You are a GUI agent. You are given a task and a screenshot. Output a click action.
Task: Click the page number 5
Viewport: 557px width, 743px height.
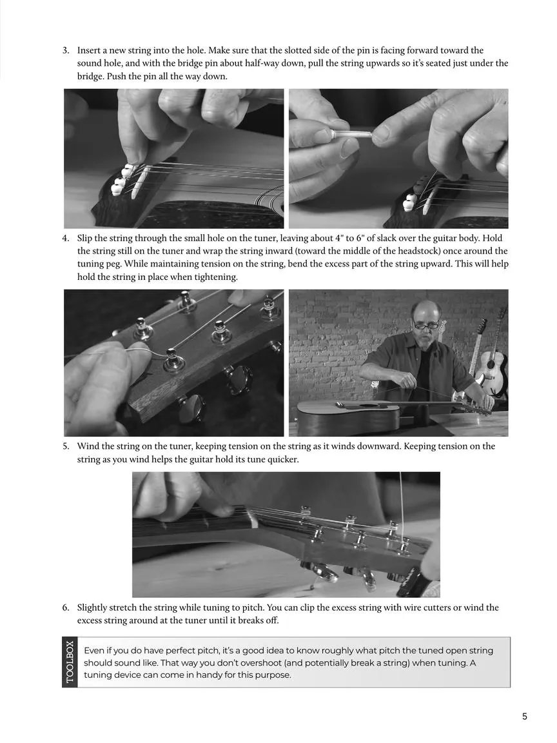(x=524, y=717)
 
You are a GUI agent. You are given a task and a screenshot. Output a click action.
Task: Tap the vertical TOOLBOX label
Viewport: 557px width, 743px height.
(x=70, y=662)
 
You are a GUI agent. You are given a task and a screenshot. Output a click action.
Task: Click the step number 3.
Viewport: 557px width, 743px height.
(x=66, y=50)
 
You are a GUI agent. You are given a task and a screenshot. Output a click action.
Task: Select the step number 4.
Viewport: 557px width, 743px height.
(x=66, y=239)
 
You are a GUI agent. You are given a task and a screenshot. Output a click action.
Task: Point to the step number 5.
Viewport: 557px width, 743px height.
(x=66, y=446)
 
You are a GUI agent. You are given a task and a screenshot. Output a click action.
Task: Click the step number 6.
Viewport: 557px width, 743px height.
(x=66, y=608)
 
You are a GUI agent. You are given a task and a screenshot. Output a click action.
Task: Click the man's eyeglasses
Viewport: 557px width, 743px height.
(x=426, y=325)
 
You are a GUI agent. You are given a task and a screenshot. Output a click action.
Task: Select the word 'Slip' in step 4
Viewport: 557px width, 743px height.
(x=84, y=239)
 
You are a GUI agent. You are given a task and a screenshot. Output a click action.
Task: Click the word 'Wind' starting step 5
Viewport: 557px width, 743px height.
(x=86, y=446)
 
